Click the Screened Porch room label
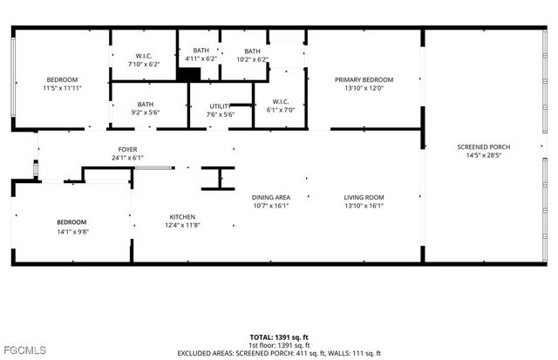(483, 146)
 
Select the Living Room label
(364, 197)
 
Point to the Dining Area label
(271, 197)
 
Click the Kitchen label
(182, 217)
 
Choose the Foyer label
(127, 150)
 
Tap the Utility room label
(220, 105)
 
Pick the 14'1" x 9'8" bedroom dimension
(72, 231)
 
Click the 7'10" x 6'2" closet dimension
(145, 65)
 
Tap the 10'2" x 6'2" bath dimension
(252, 59)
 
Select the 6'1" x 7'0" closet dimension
(280, 110)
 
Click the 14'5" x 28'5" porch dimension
(483, 155)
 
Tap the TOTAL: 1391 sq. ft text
(279, 336)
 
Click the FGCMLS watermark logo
(25, 350)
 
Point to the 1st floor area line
(279, 344)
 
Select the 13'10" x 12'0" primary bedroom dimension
(364, 88)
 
